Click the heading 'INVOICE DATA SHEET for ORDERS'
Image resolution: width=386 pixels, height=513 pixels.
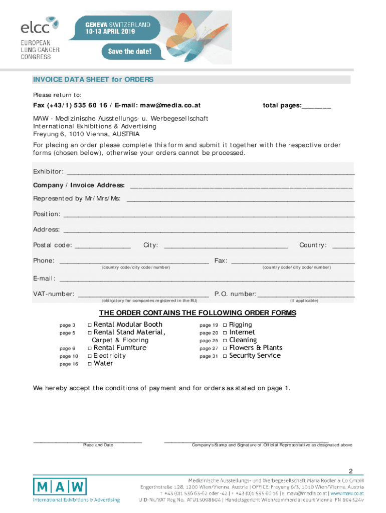[93, 80]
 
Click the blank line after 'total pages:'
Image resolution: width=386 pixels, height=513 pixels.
[316, 106]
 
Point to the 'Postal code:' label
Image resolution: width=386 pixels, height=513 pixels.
[52, 245]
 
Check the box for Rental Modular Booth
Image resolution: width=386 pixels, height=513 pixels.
[90, 325]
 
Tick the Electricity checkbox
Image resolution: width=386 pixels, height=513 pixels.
[90, 356]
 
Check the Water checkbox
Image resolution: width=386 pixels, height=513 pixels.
[90, 364]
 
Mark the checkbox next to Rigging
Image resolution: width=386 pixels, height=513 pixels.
[225, 325]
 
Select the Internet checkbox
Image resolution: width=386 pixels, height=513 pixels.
[225, 333]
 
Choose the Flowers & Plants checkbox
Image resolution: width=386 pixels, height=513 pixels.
[225, 348]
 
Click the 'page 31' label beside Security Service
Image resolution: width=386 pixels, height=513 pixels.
[209, 357]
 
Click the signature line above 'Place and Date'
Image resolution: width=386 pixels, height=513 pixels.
[87, 441]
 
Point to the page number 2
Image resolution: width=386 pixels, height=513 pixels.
[351, 471]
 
